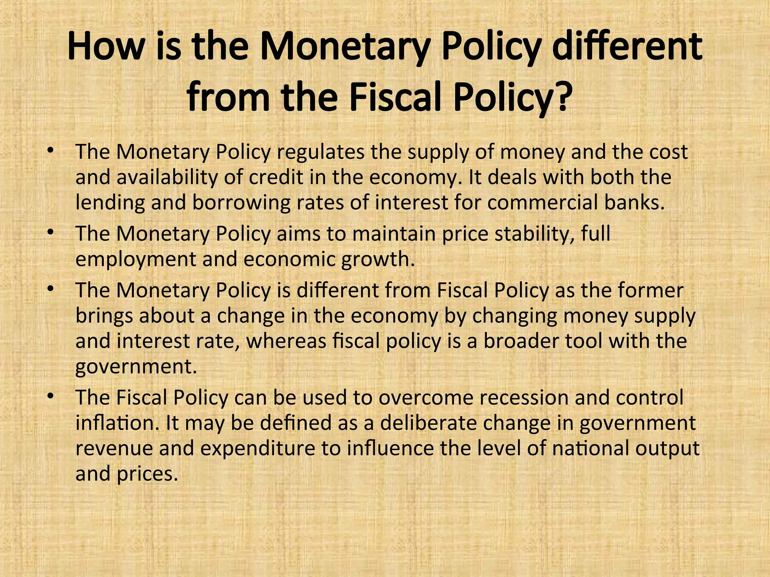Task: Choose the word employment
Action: tap(136, 260)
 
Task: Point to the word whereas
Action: tap(286, 341)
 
